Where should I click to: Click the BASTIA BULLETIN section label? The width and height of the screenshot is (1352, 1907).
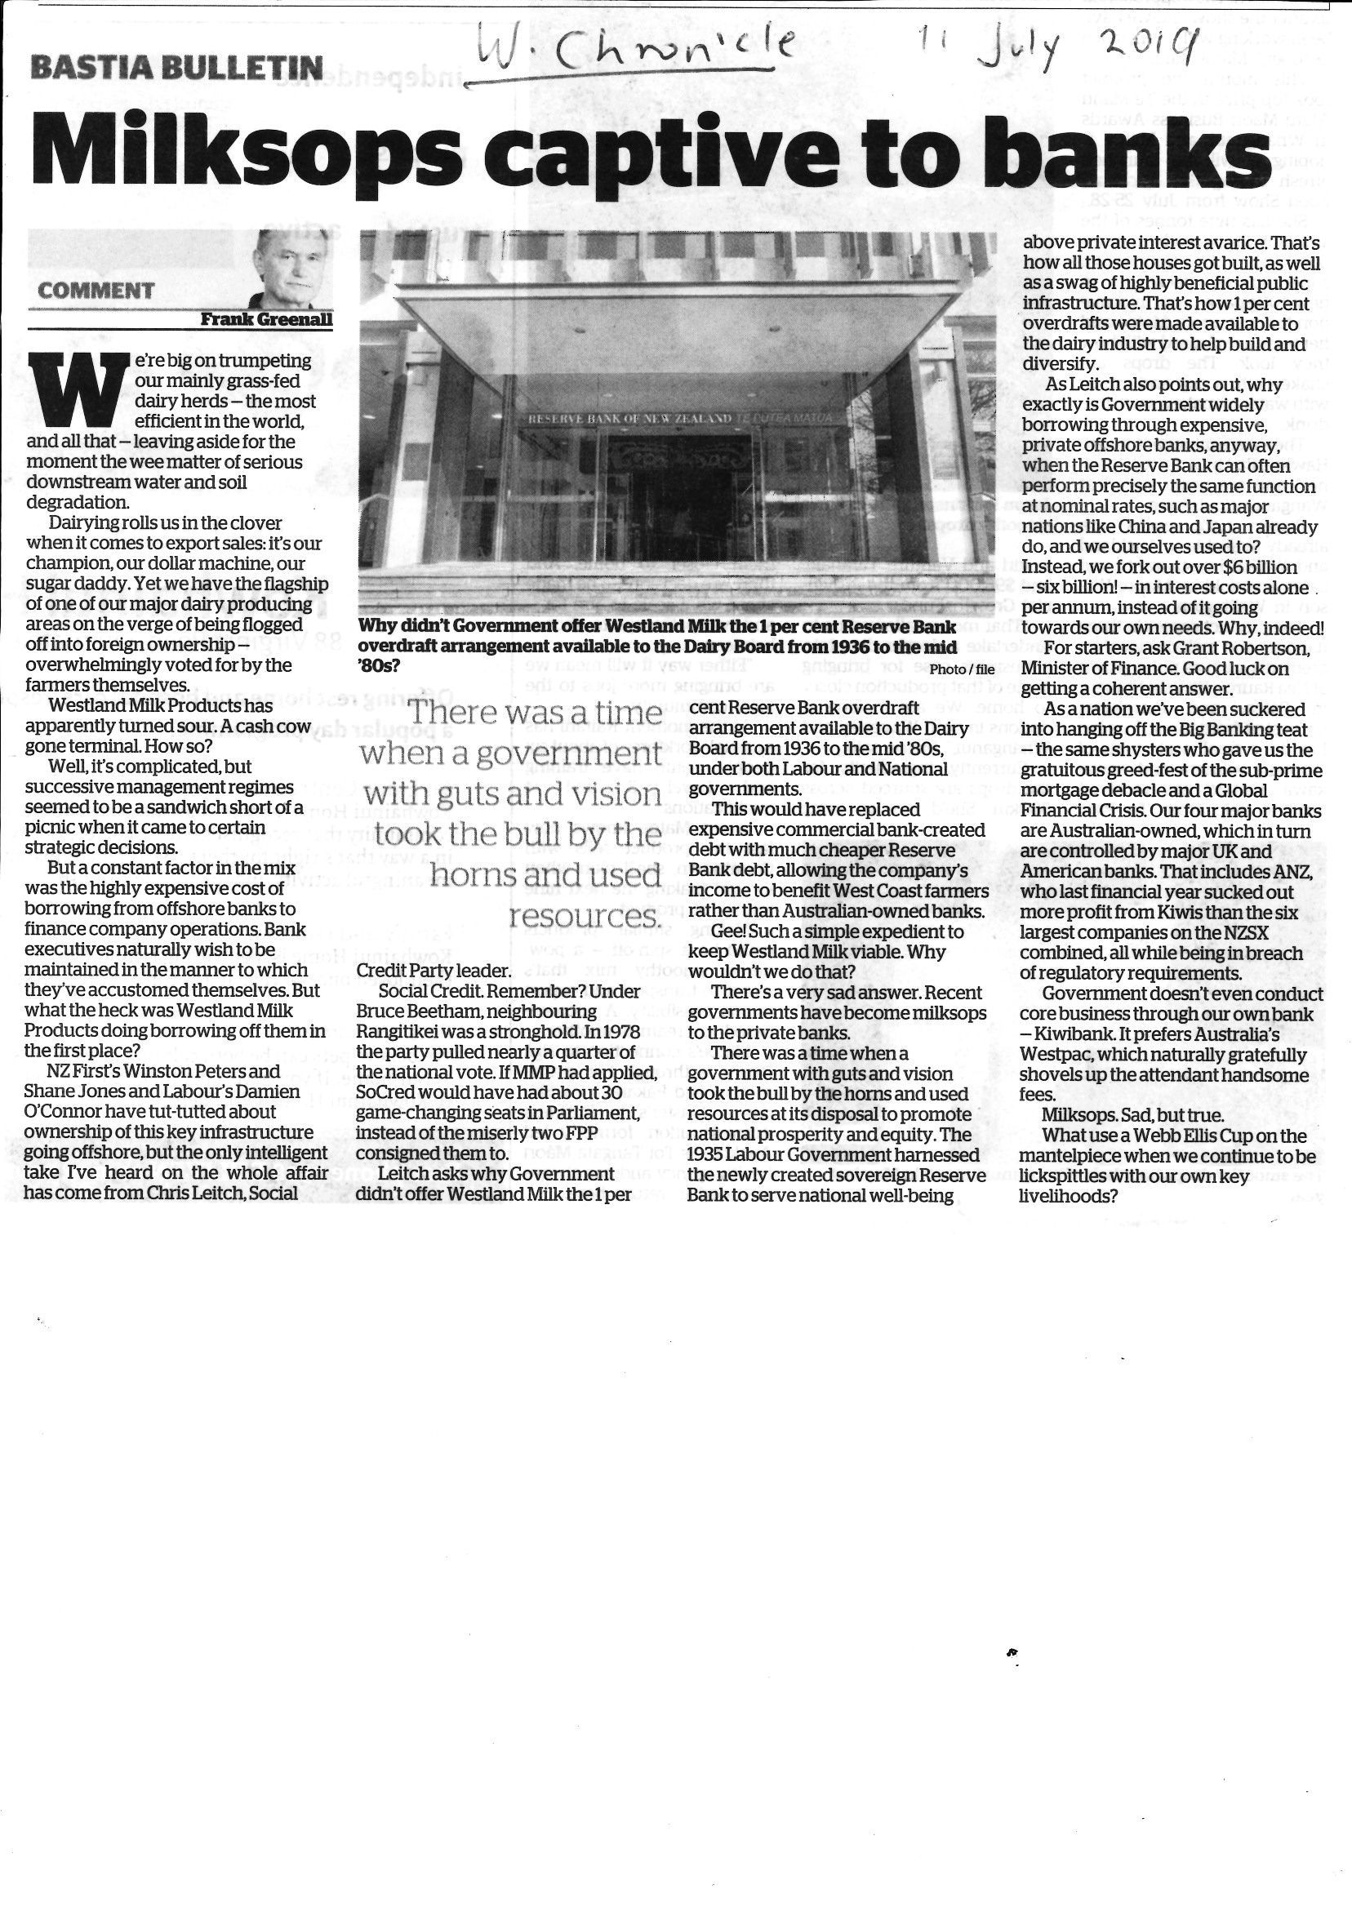pyautogui.click(x=176, y=67)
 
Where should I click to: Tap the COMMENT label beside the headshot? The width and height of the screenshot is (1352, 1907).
pyautogui.click(x=96, y=291)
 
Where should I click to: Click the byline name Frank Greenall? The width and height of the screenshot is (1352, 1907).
pyautogui.click(x=266, y=318)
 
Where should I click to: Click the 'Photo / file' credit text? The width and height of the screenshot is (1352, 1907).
pyautogui.click(x=962, y=669)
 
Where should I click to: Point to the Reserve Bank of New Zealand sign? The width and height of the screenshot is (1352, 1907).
pyautogui.click(x=625, y=418)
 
